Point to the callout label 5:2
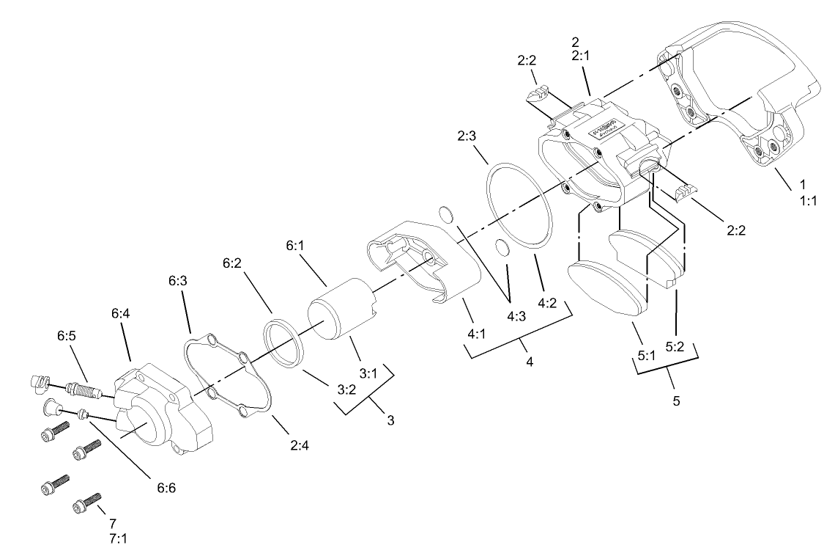coord(675,346)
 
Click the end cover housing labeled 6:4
coord(166,407)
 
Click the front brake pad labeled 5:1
coord(604,290)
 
